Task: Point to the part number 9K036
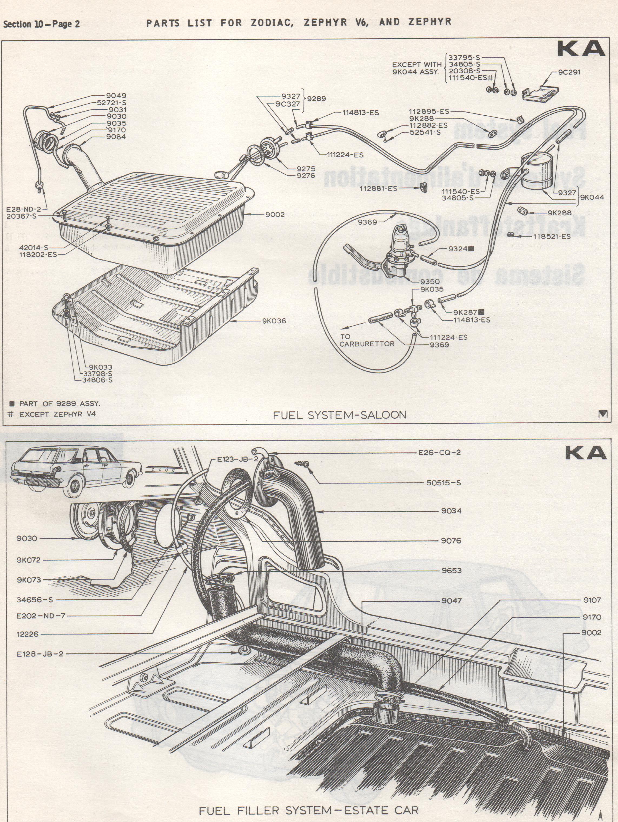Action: pyautogui.click(x=274, y=321)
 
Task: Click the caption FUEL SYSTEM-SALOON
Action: pyautogui.click(x=339, y=415)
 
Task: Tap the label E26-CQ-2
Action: pyautogui.click(x=439, y=453)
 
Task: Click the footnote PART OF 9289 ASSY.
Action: pyautogui.click(x=60, y=403)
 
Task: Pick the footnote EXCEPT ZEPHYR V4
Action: pyautogui.click(x=57, y=414)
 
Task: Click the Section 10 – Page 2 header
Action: pyautogui.click(x=42, y=24)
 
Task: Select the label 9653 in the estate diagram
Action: pyautogui.click(x=451, y=570)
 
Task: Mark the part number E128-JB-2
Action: pyautogui.click(x=40, y=654)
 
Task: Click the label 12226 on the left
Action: pyautogui.click(x=28, y=634)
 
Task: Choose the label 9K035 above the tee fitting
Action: pyautogui.click(x=432, y=289)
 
